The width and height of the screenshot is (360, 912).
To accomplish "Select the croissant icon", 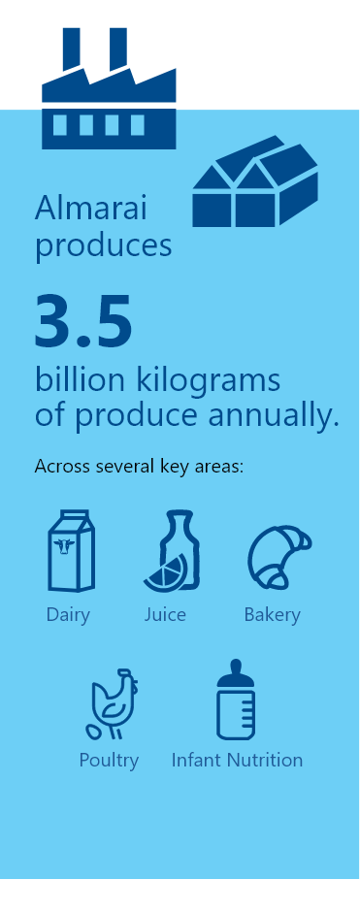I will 278,557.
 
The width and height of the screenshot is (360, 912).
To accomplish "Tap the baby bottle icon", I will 235,700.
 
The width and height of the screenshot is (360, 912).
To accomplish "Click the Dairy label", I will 68,614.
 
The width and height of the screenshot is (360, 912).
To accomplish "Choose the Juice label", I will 165,614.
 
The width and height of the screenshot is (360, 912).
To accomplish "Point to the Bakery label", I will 272,614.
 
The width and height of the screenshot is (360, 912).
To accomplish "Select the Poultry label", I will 109,760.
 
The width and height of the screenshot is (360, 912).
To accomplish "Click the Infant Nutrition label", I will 237,760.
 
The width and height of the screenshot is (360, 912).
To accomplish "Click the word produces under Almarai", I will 103,244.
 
